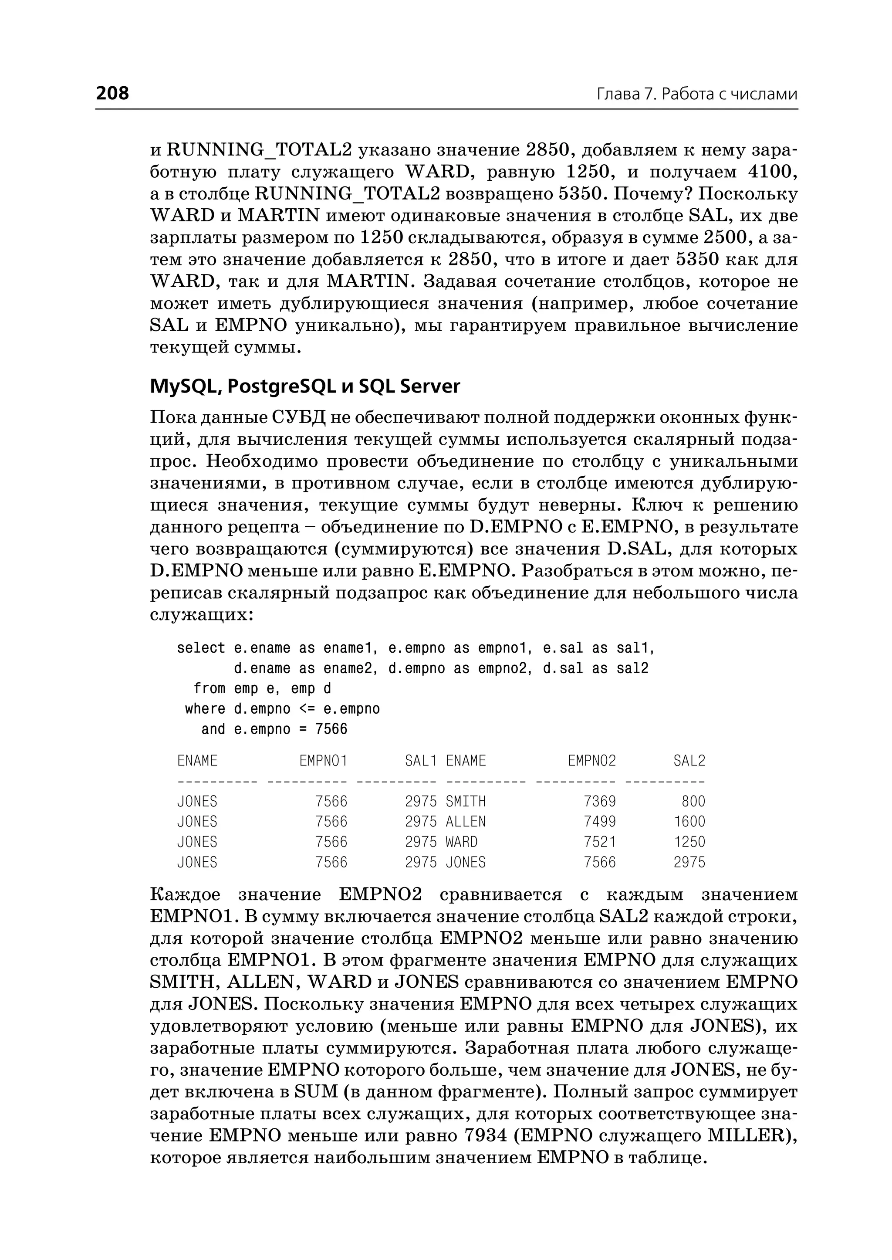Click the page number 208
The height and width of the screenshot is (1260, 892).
113,93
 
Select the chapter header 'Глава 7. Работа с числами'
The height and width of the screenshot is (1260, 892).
696,95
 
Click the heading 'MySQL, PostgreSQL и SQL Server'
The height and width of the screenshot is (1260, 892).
305,386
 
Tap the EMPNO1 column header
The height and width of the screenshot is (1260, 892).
323,761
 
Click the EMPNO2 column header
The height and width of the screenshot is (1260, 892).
591,761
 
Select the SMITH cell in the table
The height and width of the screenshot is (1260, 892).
466,801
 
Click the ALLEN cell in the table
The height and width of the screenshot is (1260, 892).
466,822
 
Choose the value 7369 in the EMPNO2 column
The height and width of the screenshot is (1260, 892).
600,801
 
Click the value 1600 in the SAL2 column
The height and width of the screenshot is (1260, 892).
689,822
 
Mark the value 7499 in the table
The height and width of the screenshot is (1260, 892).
600,822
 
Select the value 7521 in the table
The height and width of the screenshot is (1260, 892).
600,842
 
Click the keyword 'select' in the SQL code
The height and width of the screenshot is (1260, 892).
201,648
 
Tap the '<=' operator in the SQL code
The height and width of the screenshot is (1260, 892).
307,709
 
